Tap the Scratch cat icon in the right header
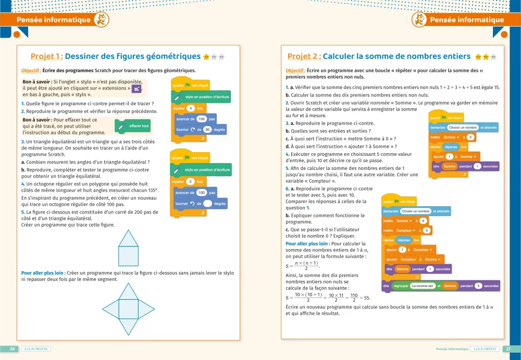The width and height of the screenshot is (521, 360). pos(419,20)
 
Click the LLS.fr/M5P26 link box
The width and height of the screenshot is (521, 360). pos(36,349)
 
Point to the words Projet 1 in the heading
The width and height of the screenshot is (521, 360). pos(47,56)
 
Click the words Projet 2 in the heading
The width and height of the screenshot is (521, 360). pos(304,56)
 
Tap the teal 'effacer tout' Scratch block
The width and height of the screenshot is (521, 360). pos(134,126)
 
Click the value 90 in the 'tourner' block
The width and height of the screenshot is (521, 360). pos(207,129)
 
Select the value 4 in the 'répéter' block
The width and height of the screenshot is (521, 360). pos(191,108)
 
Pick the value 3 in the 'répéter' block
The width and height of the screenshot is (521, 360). pos(191,181)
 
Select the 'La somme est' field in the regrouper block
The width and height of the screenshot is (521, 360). pos(422,285)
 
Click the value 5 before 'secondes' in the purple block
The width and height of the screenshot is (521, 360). pos(478,285)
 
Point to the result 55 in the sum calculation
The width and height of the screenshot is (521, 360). pos(367,297)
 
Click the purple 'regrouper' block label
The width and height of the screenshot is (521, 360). pos(401,285)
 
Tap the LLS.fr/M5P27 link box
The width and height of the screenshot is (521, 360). pos(485,349)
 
